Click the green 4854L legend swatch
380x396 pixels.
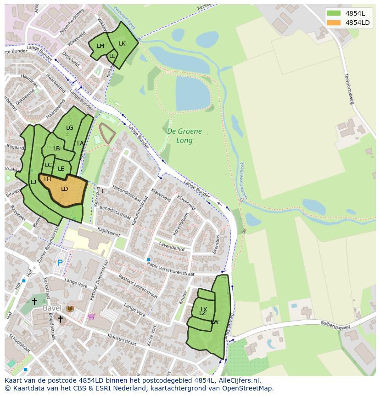[x=334, y=13]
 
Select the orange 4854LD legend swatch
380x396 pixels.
[x=334, y=23]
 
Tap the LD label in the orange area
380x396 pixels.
[x=65, y=189]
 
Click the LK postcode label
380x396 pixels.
[x=122, y=44]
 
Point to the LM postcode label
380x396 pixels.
[x=101, y=46]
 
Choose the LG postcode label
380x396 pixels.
[x=69, y=128]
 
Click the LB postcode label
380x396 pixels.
[x=56, y=149]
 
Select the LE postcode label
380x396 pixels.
[x=61, y=169]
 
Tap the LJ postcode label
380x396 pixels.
[x=34, y=182]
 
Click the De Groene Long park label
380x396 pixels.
[x=184, y=136]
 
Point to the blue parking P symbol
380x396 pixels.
[x=60, y=263]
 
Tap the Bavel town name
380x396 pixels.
[x=52, y=308]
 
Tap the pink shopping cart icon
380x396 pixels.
[x=91, y=316]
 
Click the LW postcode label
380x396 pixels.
[x=214, y=322]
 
